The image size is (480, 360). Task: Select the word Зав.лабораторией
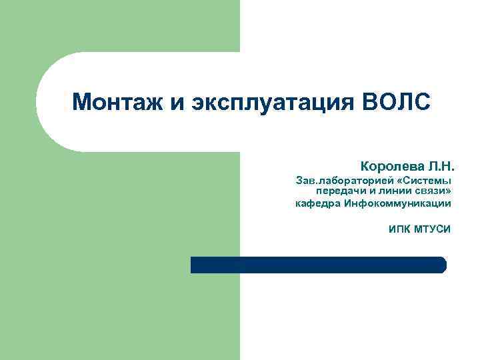pyautogui.click(x=335, y=180)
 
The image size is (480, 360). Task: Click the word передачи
pyautogui.click(x=343, y=191)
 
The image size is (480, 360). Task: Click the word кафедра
pyautogui.click(x=318, y=203)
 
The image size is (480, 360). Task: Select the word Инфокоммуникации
pyautogui.click(x=398, y=203)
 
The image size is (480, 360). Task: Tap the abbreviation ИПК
pyautogui.click(x=399, y=230)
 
